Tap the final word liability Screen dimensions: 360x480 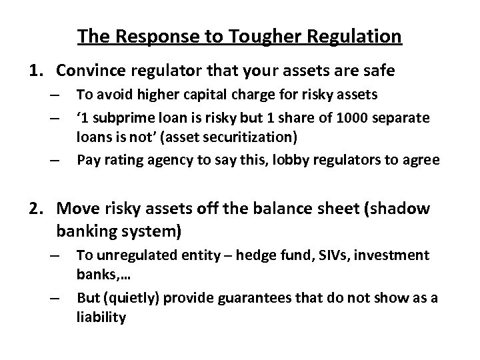pyautogui.click(x=101, y=317)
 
